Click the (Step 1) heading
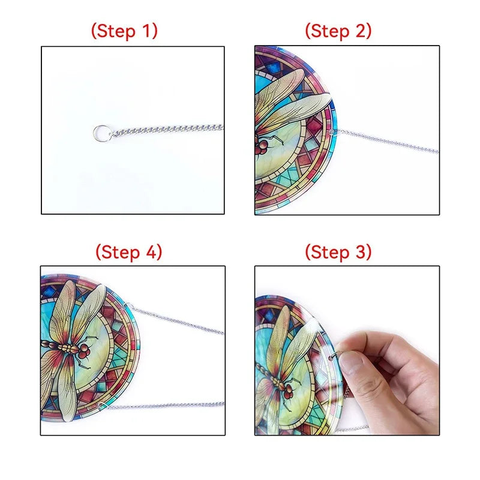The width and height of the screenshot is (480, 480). tap(124, 31)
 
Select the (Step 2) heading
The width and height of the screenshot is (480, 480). tap(338, 31)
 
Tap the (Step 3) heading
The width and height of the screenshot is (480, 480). tap(338, 252)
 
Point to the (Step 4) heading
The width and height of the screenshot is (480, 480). tap(129, 252)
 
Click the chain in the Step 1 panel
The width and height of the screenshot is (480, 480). tap(167, 130)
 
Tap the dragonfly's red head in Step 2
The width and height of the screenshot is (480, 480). tap(262, 146)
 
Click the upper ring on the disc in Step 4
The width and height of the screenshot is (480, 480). tap(128, 305)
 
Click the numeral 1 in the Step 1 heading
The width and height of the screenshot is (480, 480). tap(147, 31)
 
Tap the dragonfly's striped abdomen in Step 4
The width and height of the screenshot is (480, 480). tap(59, 347)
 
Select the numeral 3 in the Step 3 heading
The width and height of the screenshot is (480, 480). tap(361, 252)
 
